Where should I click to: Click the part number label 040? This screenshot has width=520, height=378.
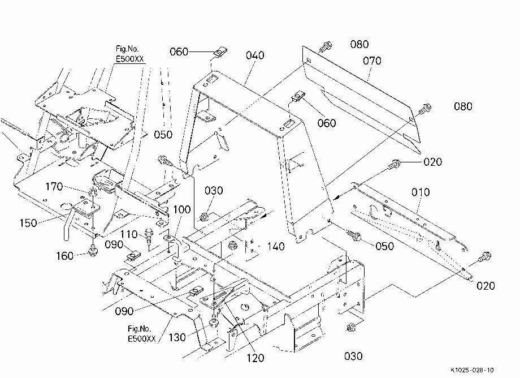pyautogui.click(x=255, y=55)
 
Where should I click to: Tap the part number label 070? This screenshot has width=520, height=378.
pyautogui.click(x=372, y=61)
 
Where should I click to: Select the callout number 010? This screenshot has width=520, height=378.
pyautogui.click(x=421, y=192)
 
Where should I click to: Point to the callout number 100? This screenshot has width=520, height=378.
pyautogui.click(x=182, y=209)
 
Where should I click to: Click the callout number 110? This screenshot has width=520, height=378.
pyautogui.click(x=129, y=234)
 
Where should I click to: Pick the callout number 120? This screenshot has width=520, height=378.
pyautogui.click(x=255, y=358)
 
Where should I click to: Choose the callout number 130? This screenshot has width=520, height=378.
pyautogui.click(x=177, y=337)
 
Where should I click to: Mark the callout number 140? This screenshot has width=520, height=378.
pyautogui.click(x=276, y=246)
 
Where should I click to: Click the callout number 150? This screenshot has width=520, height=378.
pyautogui.click(x=28, y=223)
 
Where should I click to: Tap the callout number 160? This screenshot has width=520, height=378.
pyautogui.click(x=64, y=256)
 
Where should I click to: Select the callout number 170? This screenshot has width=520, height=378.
pyautogui.click(x=54, y=187)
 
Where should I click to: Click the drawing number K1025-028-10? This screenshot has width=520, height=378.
pyautogui.click(x=472, y=370)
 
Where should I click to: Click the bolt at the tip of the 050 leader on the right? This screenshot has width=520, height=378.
pyautogui.click(x=353, y=235)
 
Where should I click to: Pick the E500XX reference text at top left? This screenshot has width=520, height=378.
pyautogui.click(x=129, y=59)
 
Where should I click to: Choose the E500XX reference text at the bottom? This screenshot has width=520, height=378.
pyautogui.click(x=142, y=339)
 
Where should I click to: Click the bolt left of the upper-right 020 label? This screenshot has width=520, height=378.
pyautogui.click(x=395, y=164)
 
